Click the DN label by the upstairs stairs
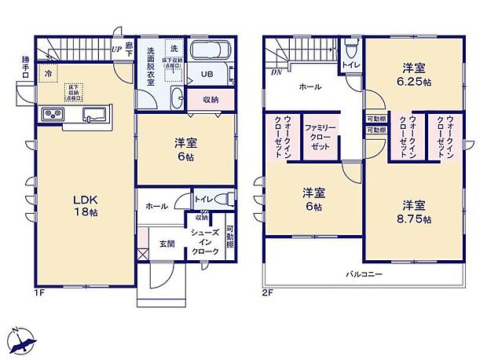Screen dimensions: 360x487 pos(276,72)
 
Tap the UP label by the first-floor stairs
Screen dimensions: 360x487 pos(116,50)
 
